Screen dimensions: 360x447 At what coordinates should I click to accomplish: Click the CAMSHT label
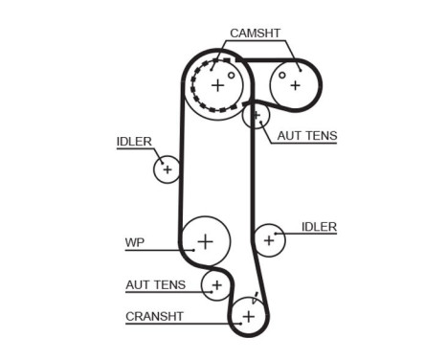[254, 33]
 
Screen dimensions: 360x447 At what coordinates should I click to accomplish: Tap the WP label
[133, 241]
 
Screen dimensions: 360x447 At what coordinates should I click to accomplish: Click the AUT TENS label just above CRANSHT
[154, 285]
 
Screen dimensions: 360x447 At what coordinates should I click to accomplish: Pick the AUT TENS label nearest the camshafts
[306, 136]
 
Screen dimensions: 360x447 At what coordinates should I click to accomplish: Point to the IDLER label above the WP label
[134, 142]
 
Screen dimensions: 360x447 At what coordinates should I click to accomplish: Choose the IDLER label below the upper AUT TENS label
[319, 227]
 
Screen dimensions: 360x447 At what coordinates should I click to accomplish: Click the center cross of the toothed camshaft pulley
[217, 86]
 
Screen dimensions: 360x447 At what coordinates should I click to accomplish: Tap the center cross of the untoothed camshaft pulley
[295, 84]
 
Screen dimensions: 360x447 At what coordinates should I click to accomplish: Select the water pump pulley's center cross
[205, 239]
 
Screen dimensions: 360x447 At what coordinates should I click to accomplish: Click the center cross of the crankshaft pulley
[249, 316]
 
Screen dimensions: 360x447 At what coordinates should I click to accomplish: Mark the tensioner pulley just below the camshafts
[256, 116]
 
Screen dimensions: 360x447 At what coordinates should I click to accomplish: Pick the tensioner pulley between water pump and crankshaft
[216, 284]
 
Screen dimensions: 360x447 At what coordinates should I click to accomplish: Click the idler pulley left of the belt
[167, 169]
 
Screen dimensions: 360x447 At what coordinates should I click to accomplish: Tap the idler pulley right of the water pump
[269, 238]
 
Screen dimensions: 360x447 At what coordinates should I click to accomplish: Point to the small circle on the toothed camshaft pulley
[231, 74]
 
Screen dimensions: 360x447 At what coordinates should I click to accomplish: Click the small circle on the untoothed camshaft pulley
[282, 74]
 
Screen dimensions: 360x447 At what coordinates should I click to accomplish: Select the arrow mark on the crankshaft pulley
[256, 300]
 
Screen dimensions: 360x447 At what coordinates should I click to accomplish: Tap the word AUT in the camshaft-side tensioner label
[288, 136]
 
